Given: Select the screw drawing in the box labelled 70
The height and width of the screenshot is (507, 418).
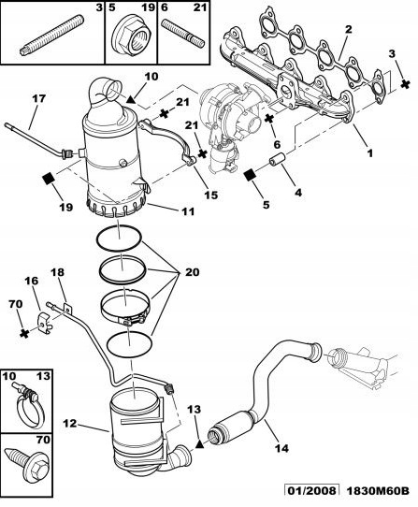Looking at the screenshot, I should click(x=22, y=465).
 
